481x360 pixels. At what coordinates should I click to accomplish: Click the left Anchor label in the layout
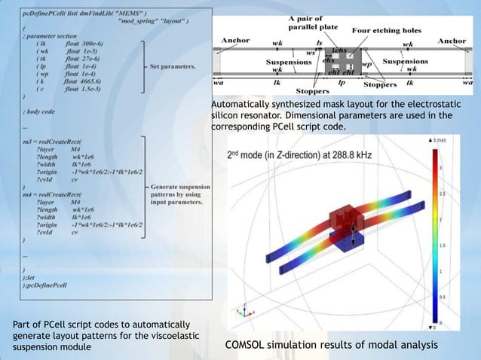tap(234, 40)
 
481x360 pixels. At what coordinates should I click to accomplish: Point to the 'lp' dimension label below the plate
tap(342, 83)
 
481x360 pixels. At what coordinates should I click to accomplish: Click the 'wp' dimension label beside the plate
tap(367, 64)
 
